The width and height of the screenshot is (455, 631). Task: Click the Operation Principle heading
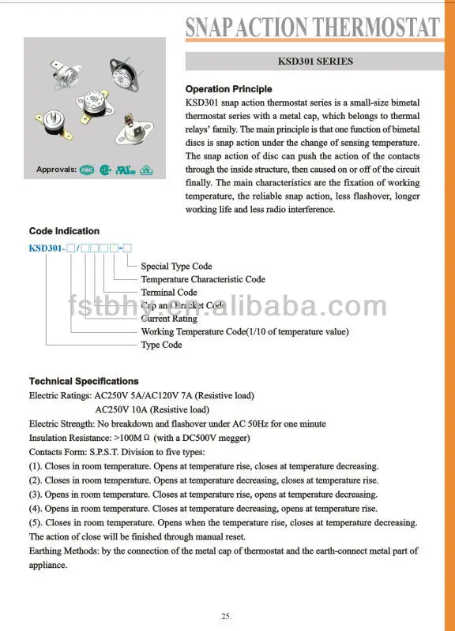pyautogui.click(x=228, y=89)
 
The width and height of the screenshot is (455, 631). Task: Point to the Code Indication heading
pyautogui.click(x=64, y=231)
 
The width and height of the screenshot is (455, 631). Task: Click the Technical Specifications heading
pyautogui.click(x=84, y=381)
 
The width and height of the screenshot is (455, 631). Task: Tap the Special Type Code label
pyautogui.click(x=176, y=267)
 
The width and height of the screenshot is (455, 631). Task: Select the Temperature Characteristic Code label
pyautogui.click(x=203, y=279)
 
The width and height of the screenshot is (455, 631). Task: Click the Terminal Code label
pyautogui.click(x=169, y=293)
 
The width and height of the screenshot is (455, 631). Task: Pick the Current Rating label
pyautogui.click(x=169, y=319)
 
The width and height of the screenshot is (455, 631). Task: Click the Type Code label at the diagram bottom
pyautogui.click(x=161, y=345)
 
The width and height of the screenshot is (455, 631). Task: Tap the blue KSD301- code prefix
pyautogui.click(x=47, y=248)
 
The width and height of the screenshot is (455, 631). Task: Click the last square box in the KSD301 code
pyautogui.click(x=127, y=248)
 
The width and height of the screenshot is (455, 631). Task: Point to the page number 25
pyautogui.click(x=227, y=615)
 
